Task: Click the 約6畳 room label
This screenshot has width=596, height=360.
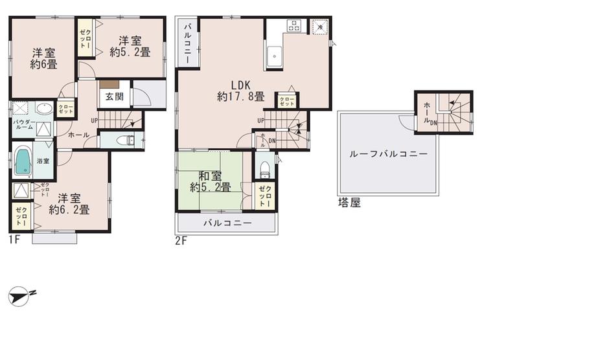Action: pos(43,58)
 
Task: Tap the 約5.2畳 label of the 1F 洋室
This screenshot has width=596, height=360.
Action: pos(130,47)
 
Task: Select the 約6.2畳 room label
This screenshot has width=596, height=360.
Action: pos(69,203)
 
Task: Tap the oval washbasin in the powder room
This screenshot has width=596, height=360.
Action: pos(44,109)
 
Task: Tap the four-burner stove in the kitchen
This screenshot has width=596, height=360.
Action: pos(293,27)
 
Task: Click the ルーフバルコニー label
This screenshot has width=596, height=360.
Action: pos(387,155)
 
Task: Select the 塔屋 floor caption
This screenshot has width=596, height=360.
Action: pos(349,203)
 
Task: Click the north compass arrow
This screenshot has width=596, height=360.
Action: pos(22,296)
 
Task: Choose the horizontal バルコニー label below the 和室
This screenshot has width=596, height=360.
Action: pos(227,223)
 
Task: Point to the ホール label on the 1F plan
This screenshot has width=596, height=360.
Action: pos(78,135)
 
